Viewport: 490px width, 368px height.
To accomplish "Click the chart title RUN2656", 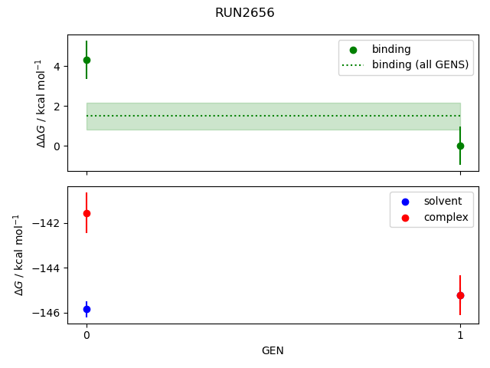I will pyautogui.click(x=245, y=13).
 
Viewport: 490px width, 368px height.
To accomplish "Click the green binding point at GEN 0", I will pyautogui.click(x=87, y=60).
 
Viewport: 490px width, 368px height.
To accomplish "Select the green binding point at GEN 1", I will pyautogui.click(x=460, y=146).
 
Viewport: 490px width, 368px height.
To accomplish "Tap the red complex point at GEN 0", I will pyautogui.click(x=87, y=213).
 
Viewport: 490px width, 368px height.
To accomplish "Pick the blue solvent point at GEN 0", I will pyautogui.click(x=87, y=309).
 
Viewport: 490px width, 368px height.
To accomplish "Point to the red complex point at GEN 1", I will pyautogui.click(x=460, y=295).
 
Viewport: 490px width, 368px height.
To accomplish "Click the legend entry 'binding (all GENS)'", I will pyautogui.click(x=420, y=64).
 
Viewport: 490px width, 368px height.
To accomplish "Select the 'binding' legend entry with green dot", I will pyautogui.click(x=391, y=49).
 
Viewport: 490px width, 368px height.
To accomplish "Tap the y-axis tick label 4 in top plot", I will pyautogui.click(x=56, y=67).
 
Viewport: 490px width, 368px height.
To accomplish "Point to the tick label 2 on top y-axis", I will pyautogui.click(x=56, y=107).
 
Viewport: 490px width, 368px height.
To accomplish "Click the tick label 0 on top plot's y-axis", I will pyautogui.click(x=56, y=146).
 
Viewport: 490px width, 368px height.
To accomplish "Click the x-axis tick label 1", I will pyautogui.click(x=460, y=335).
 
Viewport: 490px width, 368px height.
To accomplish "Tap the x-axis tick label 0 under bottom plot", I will pyautogui.click(x=87, y=335).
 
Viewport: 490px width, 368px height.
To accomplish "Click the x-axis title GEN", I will pyautogui.click(x=273, y=350).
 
